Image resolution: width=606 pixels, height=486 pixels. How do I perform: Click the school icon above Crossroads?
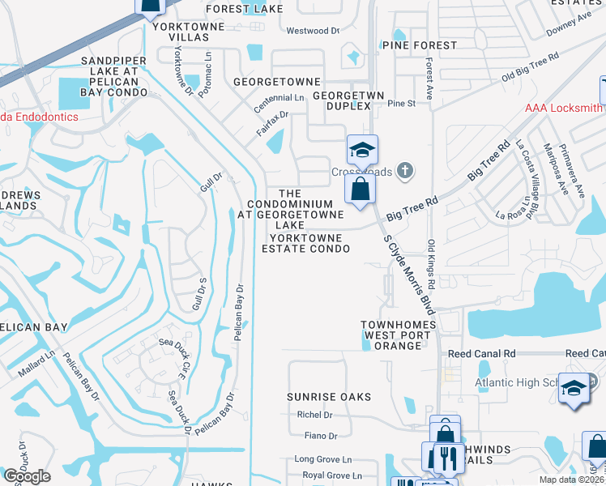point(361,151)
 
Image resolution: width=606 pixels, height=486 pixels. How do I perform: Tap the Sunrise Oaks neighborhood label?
point(328,397)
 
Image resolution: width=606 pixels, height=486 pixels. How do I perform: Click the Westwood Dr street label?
point(313,31)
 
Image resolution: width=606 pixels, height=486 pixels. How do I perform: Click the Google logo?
point(27,476)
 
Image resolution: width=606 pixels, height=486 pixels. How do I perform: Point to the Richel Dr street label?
point(315,415)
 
